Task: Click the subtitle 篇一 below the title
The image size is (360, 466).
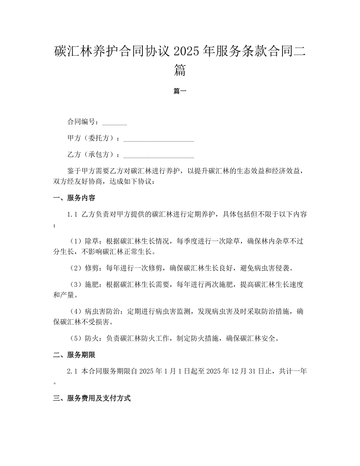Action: (180, 91)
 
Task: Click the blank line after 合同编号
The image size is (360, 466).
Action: (114, 122)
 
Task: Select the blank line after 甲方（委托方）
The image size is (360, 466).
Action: (158, 139)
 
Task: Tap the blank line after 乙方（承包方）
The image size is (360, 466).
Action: (158, 155)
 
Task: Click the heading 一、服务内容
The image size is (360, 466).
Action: (74, 198)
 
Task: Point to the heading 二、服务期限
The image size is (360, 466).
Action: (74, 355)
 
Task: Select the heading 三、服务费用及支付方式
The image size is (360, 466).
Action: (92, 398)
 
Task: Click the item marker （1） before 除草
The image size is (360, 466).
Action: (76, 241)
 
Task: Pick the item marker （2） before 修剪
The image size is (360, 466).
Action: (76, 268)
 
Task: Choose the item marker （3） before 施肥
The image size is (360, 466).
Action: (76, 284)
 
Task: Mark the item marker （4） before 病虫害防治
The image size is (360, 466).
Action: (76, 311)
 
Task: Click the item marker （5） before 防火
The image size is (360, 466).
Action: (76, 338)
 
